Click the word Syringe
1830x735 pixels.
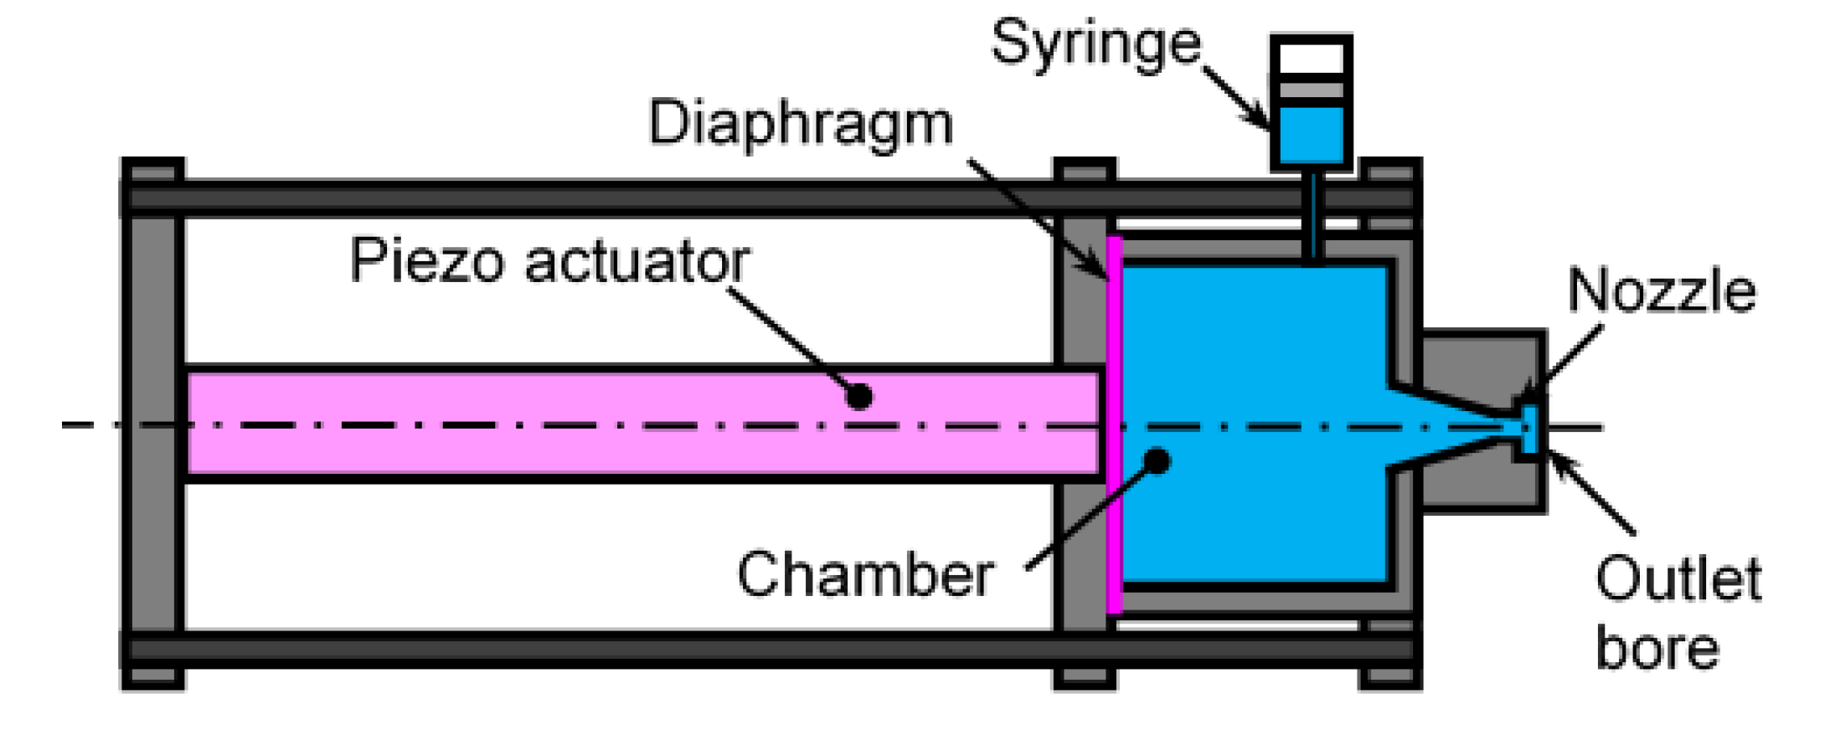[x=1095, y=44]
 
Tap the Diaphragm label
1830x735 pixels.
[x=800, y=124]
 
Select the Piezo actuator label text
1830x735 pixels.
[x=549, y=260]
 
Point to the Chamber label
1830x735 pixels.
[x=865, y=574]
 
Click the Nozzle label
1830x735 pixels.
[x=1661, y=290]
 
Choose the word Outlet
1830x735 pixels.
[x=1678, y=578]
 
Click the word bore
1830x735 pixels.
[x=1657, y=648]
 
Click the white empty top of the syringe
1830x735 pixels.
[x=1312, y=59]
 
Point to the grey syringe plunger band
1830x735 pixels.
[x=1312, y=90]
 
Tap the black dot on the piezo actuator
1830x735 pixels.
[x=858, y=395]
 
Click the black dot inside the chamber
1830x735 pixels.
[x=1157, y=460]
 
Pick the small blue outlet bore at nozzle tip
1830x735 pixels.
[x=1529, y=429]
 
